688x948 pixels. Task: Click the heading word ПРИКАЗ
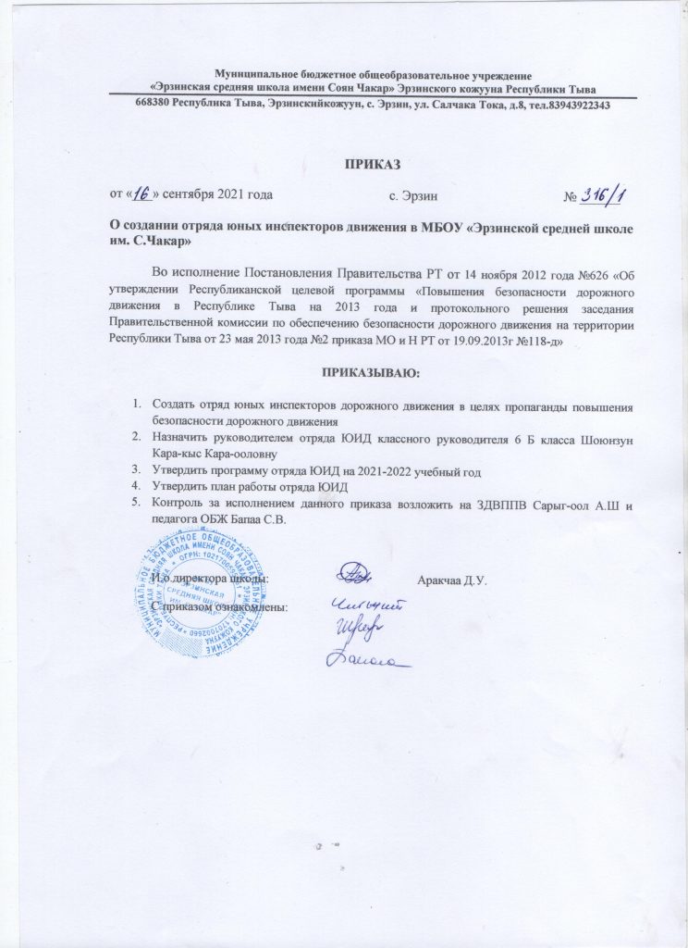click(369, 164)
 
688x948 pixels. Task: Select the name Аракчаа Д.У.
click(452, 580)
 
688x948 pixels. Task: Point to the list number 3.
click(135, 473)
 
